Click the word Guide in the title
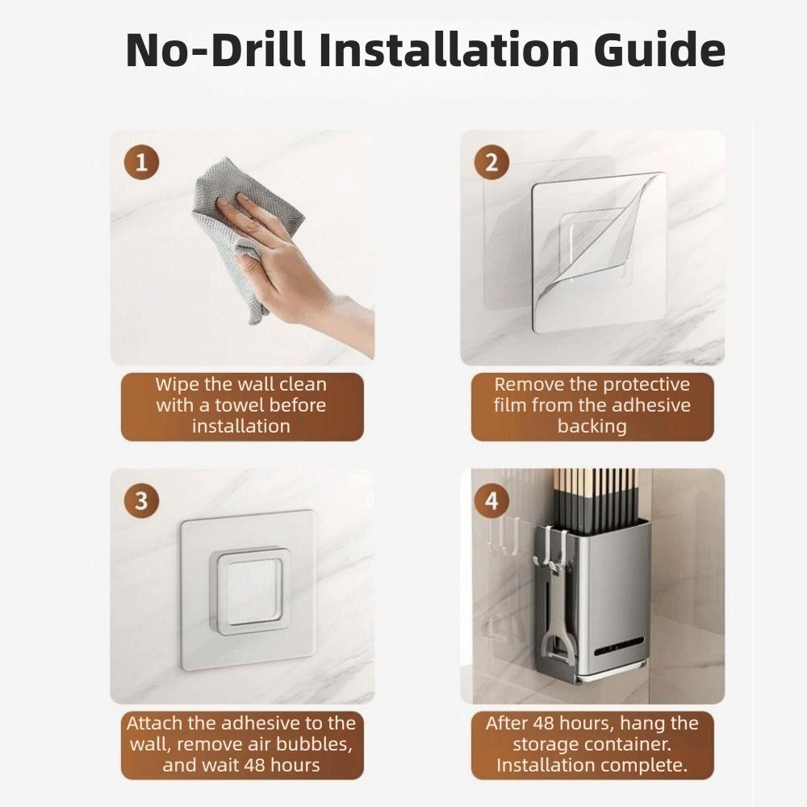(x=659, y=49)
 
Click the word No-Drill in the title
(x=215, y=49)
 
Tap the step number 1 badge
(x=141, y=163)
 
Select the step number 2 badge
(x=491, y=163)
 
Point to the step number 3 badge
(x=141, y=501)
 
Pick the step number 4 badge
(x=491, y=501)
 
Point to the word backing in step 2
(x=592, y=426)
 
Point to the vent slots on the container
(x=619, y=646)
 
